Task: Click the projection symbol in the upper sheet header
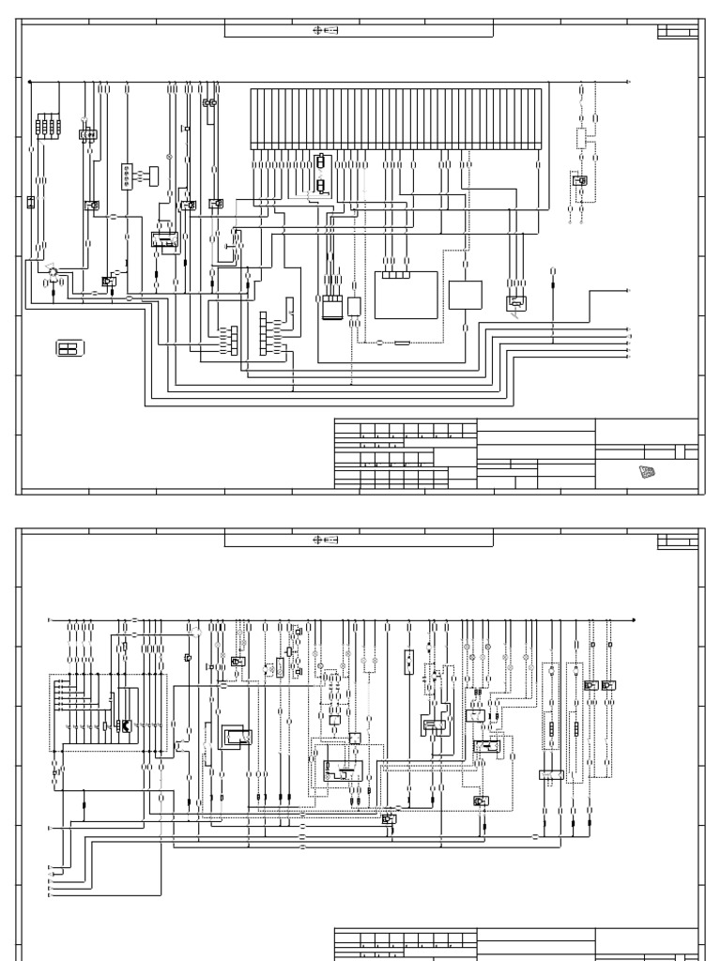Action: [325, 30]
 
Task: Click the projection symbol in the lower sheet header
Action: [325, 541]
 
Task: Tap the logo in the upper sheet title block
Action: [647, 472]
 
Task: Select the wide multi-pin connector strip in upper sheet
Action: [395, 117]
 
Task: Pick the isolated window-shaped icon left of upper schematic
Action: [69, 349]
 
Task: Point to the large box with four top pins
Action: [407, 295]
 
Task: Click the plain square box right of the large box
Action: [464, 294]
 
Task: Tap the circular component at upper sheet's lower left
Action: [53, 273]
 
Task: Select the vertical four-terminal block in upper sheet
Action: [127, 176]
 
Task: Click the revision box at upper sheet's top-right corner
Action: [677, 33]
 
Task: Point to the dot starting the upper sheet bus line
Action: [30, 83]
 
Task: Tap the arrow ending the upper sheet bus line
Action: [628, 83]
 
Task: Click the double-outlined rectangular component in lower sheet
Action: [234, 736]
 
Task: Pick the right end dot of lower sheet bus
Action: [634, 619]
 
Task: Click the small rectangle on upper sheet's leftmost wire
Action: [31, 202]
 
